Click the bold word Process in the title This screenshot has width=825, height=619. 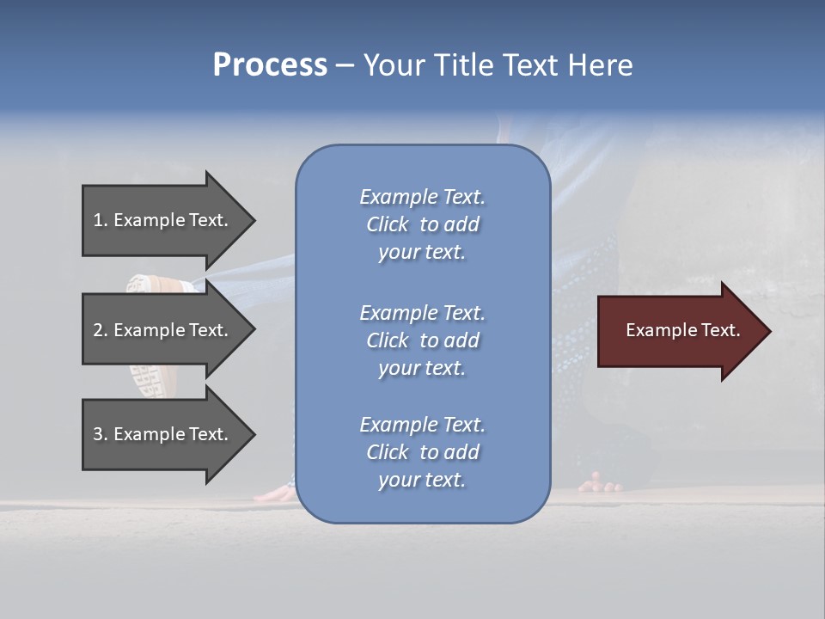(270, 65)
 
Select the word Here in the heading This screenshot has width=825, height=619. (600, 65)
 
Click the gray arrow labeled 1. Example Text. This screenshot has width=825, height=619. (168, 220)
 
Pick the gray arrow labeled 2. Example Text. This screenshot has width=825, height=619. (168, 329)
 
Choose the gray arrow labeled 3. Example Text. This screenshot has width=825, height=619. (168, 434)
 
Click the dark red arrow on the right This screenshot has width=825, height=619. (684, 331)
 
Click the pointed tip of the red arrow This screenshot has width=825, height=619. (772, 332)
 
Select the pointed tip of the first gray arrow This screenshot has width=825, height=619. (256, 221)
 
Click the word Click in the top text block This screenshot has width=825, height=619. (388, 224)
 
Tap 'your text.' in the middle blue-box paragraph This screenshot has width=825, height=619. (422, 369)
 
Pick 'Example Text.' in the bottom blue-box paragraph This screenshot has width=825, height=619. (423, 424)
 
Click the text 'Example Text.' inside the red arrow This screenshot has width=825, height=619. (683, 330)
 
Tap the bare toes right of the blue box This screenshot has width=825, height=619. (600, 483)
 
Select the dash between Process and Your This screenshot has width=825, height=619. (345, 66)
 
